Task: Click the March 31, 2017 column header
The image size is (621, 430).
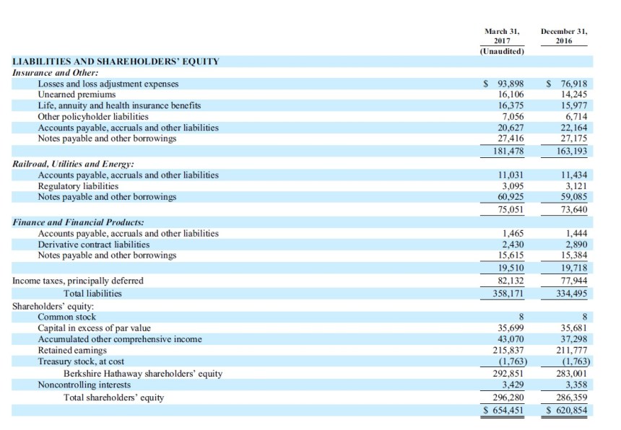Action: (502, 36)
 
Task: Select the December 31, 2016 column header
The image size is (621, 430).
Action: (564, 36)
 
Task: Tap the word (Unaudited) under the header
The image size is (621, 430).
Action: (502, 51)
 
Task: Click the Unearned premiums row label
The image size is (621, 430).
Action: (77, 95)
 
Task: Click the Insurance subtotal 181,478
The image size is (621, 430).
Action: (506, 151)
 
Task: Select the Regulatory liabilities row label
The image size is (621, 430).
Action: (78, 186)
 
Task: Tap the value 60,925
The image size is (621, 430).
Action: (509, 197)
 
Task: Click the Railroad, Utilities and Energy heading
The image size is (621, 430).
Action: (74, 164)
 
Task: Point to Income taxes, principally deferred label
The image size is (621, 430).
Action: (78, 281)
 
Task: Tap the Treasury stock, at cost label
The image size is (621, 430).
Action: (81, 361)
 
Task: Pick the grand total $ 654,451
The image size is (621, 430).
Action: (504, 411)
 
